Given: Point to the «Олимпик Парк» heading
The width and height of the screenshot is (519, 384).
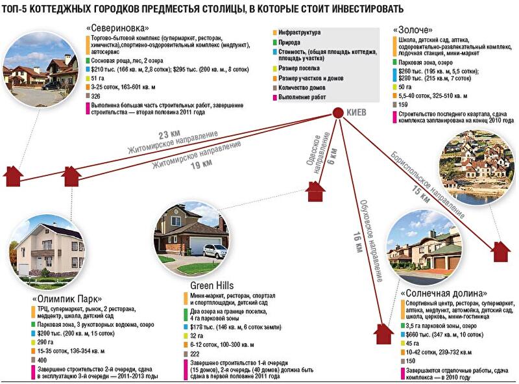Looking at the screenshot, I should tap(67, 298).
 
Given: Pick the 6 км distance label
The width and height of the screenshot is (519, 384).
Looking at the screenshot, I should tap(333, 154).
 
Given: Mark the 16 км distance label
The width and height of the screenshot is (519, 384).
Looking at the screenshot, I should tap(357, 240).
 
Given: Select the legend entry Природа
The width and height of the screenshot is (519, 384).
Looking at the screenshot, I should tap(291, 42).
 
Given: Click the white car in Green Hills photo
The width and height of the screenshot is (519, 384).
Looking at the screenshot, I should tap(214, 250).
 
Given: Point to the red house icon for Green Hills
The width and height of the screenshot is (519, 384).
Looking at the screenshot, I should tap(315, 190).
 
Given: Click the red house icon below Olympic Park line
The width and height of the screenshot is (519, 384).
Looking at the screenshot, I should tap(72, 174).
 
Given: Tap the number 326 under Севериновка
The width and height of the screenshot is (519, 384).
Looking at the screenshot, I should tap(96, 96).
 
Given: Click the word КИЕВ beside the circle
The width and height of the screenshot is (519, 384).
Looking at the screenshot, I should tap(357, 112).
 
